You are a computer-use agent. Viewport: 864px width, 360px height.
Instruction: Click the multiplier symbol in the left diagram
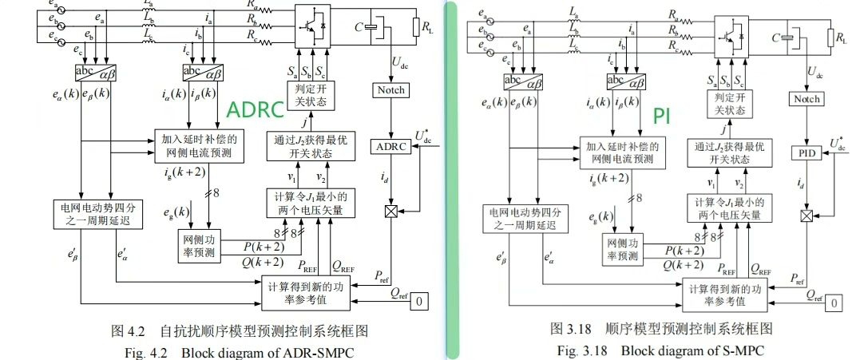point(391,212)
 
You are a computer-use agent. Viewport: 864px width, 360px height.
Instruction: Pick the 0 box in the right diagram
point(834,303)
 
